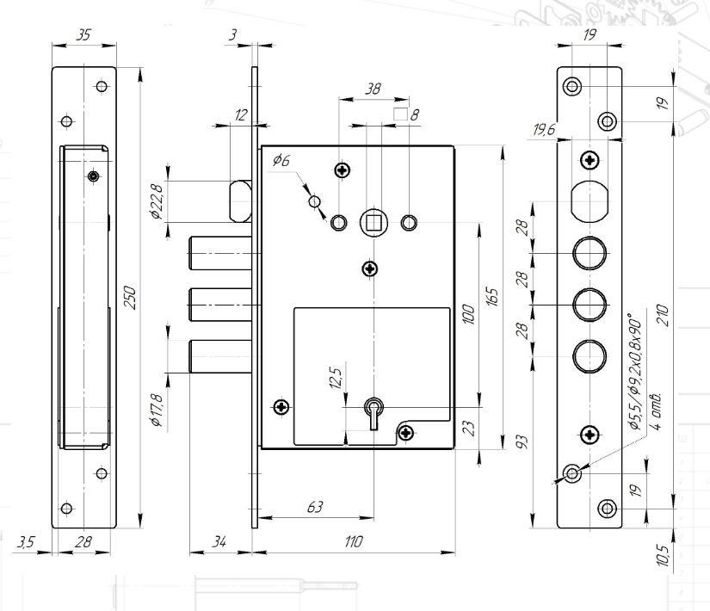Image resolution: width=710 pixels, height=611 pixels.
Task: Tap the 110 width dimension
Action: (354, 542)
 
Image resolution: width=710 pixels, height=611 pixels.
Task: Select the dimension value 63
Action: (316, 508)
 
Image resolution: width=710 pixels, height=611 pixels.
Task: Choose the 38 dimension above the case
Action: (373, 88)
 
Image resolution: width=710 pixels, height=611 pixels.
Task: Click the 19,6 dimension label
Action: (544, 129)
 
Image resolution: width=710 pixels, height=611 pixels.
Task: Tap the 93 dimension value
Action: (522, 441)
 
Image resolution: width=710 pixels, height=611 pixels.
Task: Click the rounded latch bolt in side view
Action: (240, 199)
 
